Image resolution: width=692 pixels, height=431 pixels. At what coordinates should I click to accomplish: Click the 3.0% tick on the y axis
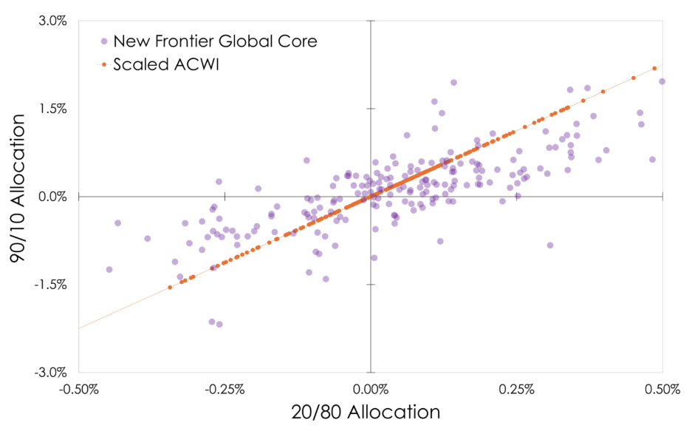coord(52,21)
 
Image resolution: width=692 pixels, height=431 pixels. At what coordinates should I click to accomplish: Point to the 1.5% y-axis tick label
coord(52,109)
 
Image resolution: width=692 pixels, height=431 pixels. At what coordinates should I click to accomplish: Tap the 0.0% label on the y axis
coord(52,197)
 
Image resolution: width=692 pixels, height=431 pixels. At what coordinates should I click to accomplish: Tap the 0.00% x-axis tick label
coord(370,388)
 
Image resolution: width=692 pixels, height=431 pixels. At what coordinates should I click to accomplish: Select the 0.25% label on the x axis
coord(516,388)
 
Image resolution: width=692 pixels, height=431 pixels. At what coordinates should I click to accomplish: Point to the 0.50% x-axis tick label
coord(662,388)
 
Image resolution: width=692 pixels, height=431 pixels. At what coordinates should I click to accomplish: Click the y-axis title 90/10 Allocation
coord(23,197)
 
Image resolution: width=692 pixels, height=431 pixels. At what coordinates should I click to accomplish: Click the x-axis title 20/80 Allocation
coord(370,413)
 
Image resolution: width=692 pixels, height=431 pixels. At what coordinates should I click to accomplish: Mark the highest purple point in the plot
coord(453,83)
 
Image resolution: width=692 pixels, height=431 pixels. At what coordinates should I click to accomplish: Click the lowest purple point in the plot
coord(219,325)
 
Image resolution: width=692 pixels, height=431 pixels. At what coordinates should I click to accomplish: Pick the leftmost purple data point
coord(109,270)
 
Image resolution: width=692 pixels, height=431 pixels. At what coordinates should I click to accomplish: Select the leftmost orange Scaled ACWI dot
coord(170,287)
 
